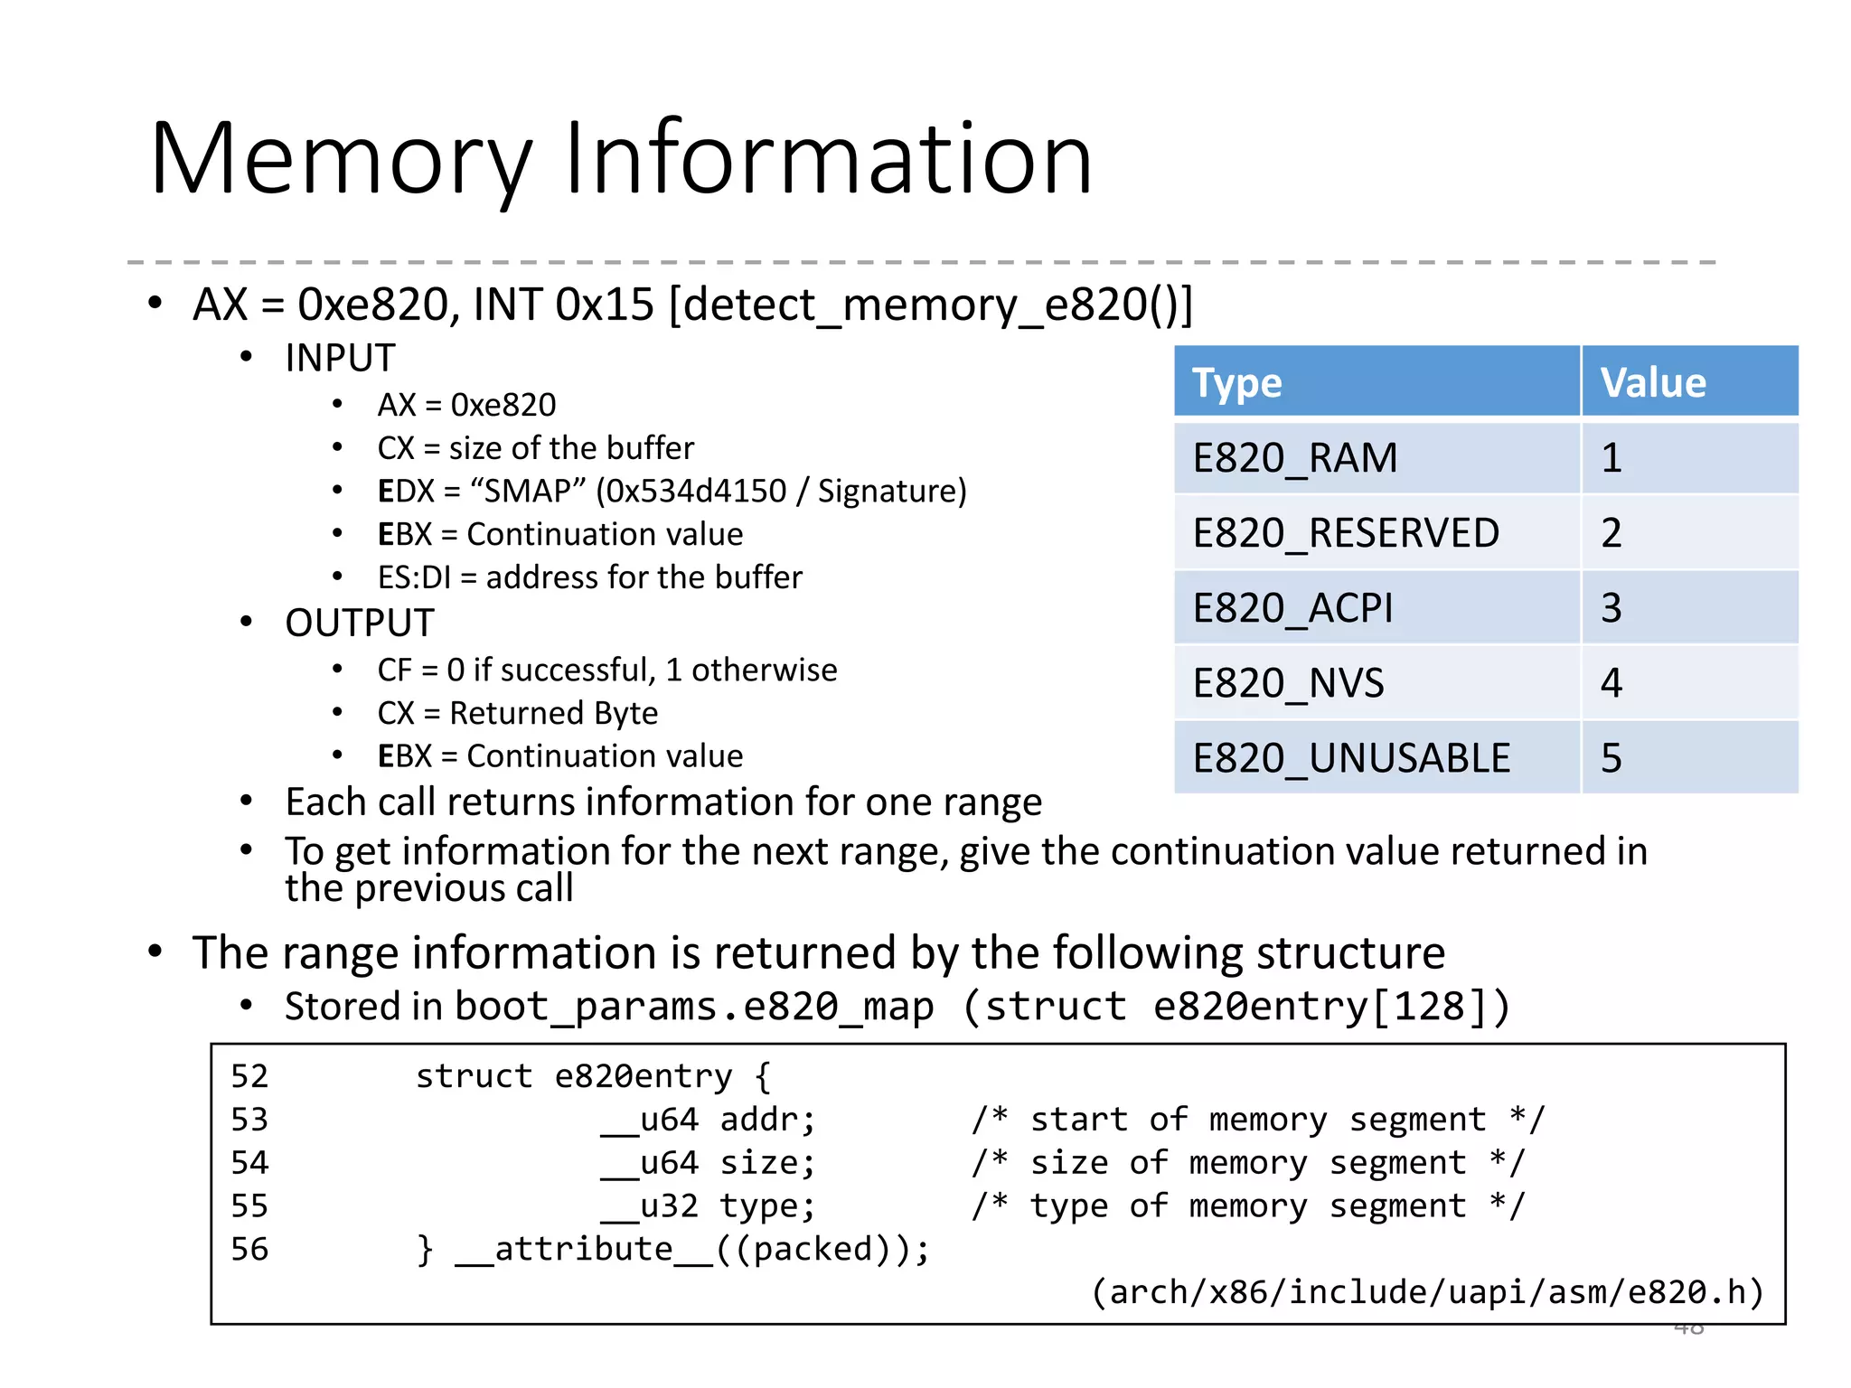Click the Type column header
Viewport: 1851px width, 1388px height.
point(1236,383)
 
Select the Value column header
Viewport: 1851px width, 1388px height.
point(1653,383)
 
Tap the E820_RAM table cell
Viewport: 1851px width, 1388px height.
point(1294,458)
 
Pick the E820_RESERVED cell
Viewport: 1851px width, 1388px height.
point(1345,533)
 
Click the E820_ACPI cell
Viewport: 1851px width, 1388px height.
point(1292,608)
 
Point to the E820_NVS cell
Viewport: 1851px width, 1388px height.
point(1288,683)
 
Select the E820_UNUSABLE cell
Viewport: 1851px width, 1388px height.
point(1351,758)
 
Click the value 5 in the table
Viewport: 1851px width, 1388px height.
point(1611,758)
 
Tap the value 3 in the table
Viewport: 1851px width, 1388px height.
point(1611,608)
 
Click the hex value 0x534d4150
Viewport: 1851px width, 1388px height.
point(696,492)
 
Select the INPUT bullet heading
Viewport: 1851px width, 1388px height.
point(340,358)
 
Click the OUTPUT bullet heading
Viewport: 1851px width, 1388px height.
point(359,623)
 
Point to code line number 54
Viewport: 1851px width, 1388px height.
point(249,1162)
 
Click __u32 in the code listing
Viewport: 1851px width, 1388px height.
point(649,1205)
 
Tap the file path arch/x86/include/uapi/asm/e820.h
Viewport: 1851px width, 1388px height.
point(1428,1292)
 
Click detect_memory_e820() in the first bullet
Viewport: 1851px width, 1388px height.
point(931,305)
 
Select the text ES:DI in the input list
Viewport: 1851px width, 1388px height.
point(414,577)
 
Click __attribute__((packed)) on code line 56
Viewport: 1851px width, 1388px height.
point(691,1249)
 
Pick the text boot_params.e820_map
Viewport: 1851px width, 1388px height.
point(694,1007)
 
